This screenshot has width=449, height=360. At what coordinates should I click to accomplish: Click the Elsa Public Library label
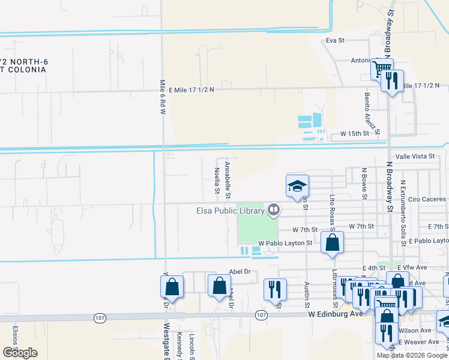coord(231,211)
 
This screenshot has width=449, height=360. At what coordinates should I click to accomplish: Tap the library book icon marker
coord(274,209)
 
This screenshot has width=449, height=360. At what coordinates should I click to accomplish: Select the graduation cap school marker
coord(297,187)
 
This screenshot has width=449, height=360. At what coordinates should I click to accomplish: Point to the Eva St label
coord(335,41)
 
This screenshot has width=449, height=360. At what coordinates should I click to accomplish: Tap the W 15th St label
coord(353,133)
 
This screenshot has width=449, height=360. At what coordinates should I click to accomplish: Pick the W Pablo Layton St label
coord(285,243)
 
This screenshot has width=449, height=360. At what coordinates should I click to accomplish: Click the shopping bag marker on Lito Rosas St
coord(333,243)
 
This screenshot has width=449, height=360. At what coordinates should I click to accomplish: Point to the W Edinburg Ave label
coord(336,313)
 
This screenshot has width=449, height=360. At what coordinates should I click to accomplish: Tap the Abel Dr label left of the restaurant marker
coord(240,272)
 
